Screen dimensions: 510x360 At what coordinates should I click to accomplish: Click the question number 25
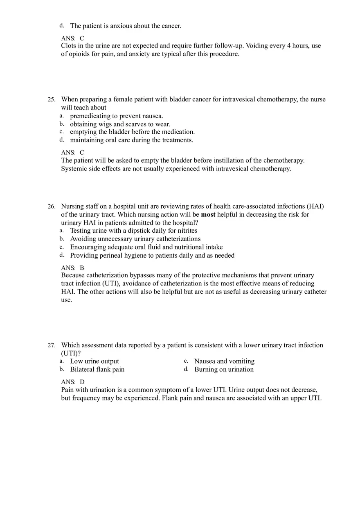tap(51, 99)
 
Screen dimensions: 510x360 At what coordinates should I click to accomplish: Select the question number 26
tap(51, 207)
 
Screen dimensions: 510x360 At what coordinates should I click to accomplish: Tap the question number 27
tap(51, 345)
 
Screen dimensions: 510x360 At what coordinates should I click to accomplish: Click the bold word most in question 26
tap(208, 214)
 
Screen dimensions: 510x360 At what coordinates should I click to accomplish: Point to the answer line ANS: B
tap(72, 268)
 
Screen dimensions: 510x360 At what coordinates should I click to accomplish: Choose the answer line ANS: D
tap(72, 382)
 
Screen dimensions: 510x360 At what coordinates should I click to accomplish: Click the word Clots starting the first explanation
tap(69, 46)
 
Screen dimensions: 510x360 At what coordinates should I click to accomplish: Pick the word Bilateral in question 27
tap(83, 369)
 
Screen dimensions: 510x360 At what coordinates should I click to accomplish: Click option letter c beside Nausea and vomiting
tap(186, 361)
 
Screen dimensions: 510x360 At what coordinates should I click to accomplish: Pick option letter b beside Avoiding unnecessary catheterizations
tap(62, 239)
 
